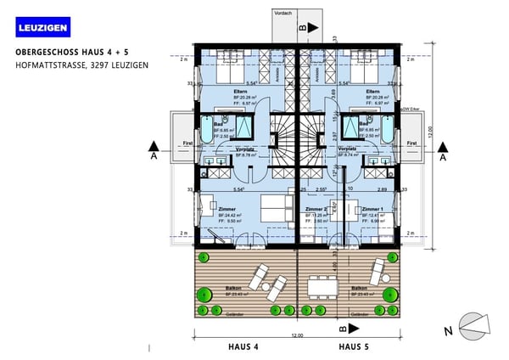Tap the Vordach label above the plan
click(283, 13)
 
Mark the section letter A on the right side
click(442, 156)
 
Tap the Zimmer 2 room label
click(316, 208)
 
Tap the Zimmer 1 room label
click(372, 208)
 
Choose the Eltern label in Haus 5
click(372, 91)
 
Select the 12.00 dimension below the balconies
click(295, 336)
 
